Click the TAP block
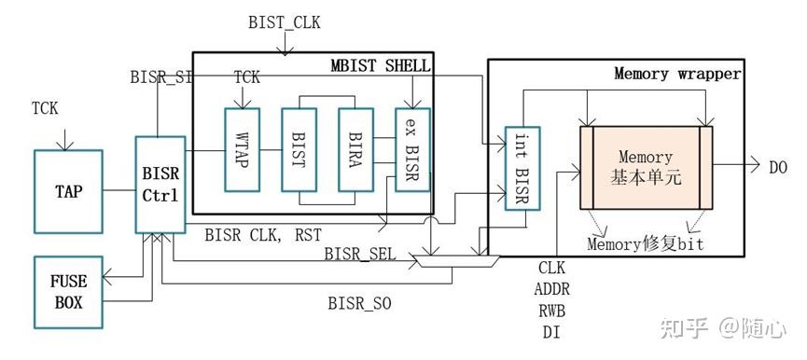tap(69, 191)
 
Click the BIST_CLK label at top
tap(284, 21)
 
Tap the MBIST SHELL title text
tap(381, 65)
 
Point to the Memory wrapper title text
tap(676, 73)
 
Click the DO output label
tap(778, 167)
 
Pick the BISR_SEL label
tap(359, 254)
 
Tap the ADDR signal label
tap(552, 288)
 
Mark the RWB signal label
tap(551, 310)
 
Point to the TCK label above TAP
tap(45, 108)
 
